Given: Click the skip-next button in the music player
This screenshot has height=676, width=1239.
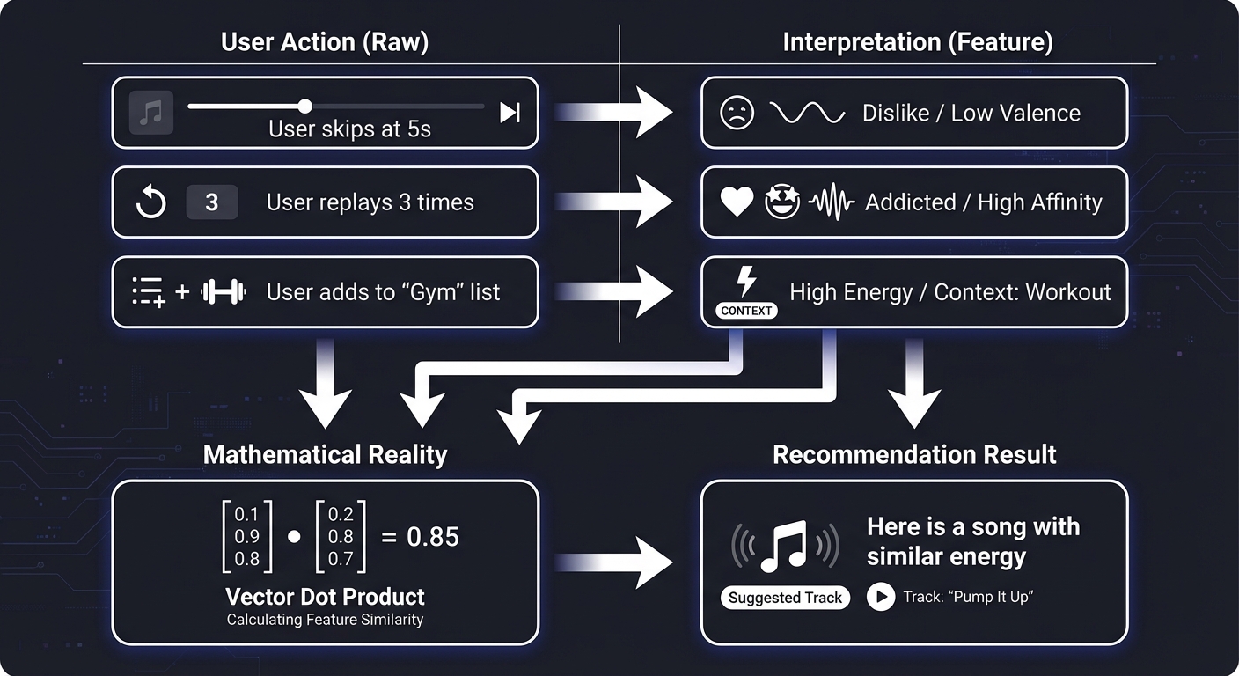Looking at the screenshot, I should point(510,113).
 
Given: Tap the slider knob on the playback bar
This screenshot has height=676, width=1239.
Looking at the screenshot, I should point(304,107).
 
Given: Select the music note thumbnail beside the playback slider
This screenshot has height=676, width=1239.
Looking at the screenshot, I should point(151,114).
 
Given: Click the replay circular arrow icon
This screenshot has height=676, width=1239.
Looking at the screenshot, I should point(151,202).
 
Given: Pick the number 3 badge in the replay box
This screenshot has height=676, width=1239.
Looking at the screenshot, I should point(211,202).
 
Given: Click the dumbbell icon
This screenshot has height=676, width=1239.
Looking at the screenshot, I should point(224,292).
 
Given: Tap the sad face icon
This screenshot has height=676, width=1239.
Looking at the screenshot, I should point(737,114).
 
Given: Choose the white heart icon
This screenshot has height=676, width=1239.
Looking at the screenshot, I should point(737,202).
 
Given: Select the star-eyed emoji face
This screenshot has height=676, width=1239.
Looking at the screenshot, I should point(781,202).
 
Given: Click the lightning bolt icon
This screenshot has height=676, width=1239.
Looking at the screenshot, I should point(746,281).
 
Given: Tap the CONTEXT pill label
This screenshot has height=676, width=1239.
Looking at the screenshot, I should point(745,311).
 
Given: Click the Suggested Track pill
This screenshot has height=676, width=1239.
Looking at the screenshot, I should point(785,598).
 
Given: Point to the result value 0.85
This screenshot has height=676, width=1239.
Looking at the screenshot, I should point(433,536).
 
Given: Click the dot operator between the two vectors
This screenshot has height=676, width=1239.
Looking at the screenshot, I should point(294,536).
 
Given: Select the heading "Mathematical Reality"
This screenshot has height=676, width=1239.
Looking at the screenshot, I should point(325,454).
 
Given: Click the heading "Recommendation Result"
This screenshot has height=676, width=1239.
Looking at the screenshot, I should point(914,454).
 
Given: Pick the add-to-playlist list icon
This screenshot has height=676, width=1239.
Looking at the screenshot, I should point(148,292).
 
